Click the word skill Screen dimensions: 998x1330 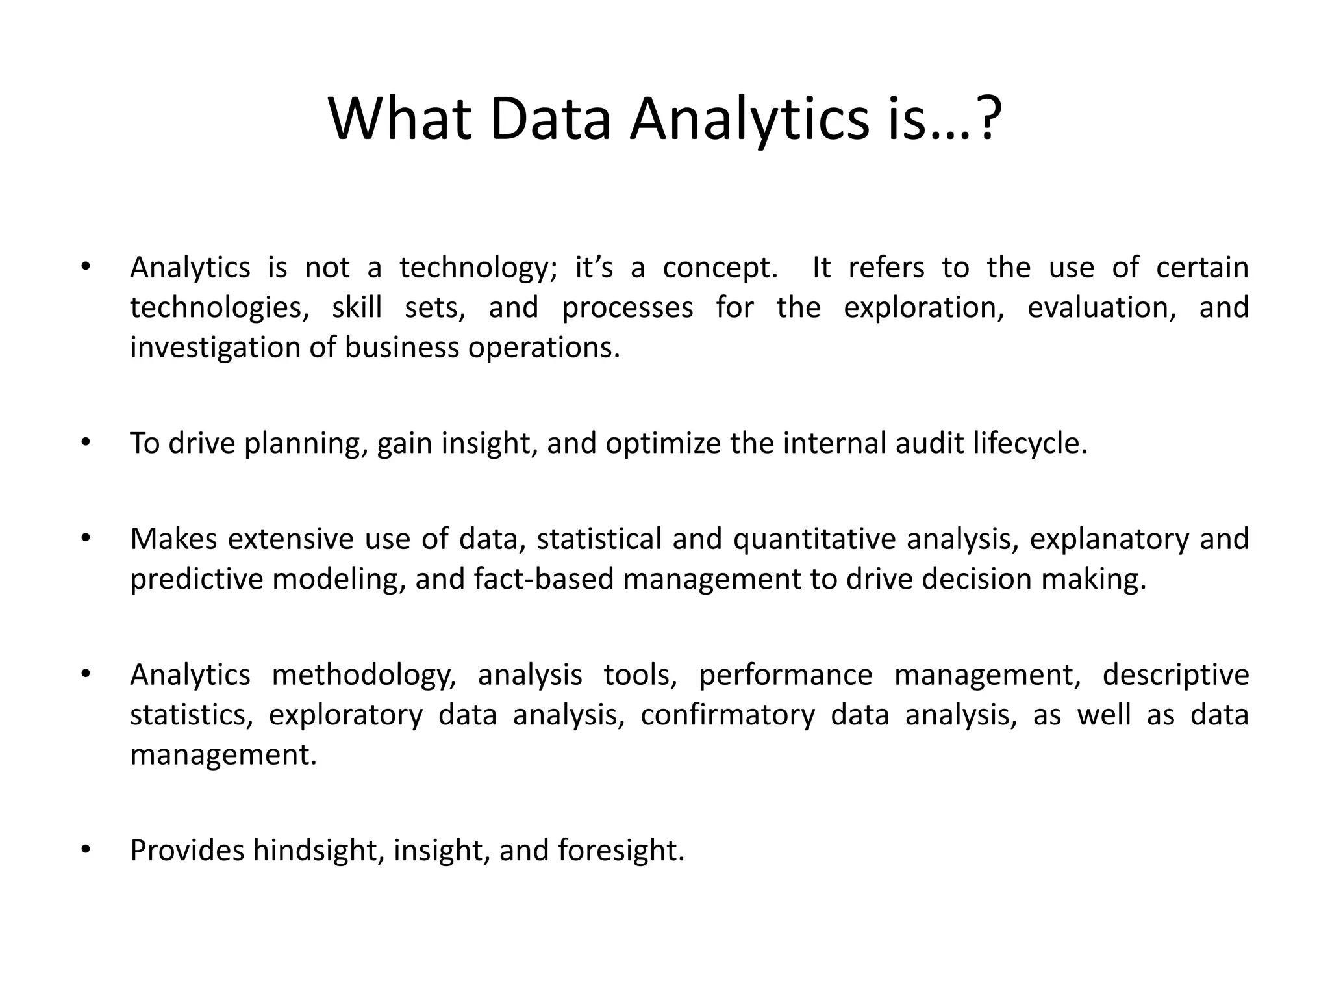point(357,307)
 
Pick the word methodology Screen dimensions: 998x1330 point(364,676)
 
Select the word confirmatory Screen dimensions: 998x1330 point(727,715)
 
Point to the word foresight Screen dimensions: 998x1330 point(621,851)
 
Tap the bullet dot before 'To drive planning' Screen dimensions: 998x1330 point(84,442)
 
